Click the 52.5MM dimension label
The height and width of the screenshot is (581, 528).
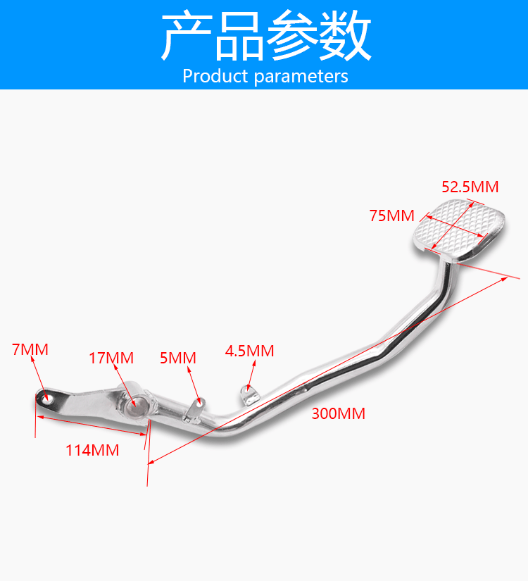click(x=470, y=187)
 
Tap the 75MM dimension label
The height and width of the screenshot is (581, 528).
click(x=392, y=215)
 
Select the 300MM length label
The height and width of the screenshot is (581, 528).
click(x=339, y=413)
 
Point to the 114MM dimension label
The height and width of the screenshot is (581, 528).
click(x=92, y=450)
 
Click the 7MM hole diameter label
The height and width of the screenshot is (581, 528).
click(x=30, y=349)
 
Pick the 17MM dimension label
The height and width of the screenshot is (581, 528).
click(x=111, y=358)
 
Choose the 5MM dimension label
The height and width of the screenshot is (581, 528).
click(x=178, y=358)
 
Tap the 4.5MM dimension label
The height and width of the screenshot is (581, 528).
click(x=249, y=351)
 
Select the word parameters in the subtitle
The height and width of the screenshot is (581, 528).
click(x=301, y=76)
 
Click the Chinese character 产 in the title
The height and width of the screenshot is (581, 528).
click(x=186, y=37)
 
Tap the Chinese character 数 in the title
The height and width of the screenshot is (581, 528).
click(x=345, y=37)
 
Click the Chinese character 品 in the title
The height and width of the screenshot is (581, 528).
click(x=239, y=37)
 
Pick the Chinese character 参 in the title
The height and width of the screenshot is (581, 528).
click(x=292, y=37)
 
